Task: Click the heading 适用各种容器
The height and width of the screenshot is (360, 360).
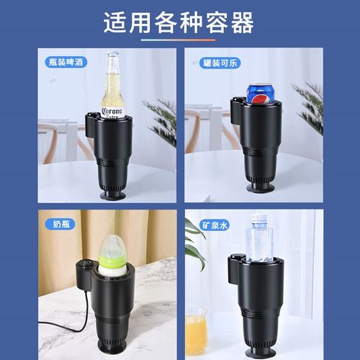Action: coord(179,23)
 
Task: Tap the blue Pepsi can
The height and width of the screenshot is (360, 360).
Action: coord(259,94)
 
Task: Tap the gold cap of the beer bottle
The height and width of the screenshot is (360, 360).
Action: coord(112,55)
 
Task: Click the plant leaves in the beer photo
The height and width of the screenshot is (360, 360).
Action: coord(162,119)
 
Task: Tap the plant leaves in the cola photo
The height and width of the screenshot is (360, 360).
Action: coord(311,108)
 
